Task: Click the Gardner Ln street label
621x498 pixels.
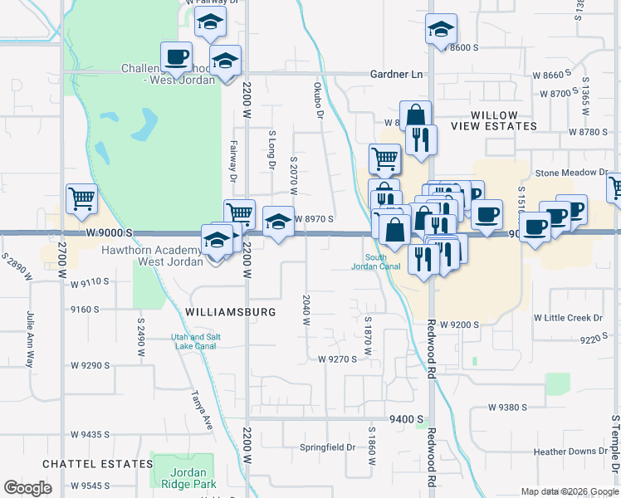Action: coord(397,74)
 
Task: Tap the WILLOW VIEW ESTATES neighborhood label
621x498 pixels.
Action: coord(494,120)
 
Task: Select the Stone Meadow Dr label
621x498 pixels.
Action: coord(571,173)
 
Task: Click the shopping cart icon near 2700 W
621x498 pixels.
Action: coord(81,198)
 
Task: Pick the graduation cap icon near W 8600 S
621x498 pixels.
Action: coord(441,29)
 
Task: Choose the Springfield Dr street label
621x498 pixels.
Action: coord(327,447)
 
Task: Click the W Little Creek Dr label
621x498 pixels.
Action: coord(568,318)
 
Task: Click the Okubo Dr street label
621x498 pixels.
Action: coord(318,99)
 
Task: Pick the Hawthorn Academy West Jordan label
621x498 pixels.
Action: coord(153,256)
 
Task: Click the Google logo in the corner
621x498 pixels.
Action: coord(28,488)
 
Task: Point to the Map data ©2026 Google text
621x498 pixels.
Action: coord(569,491)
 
